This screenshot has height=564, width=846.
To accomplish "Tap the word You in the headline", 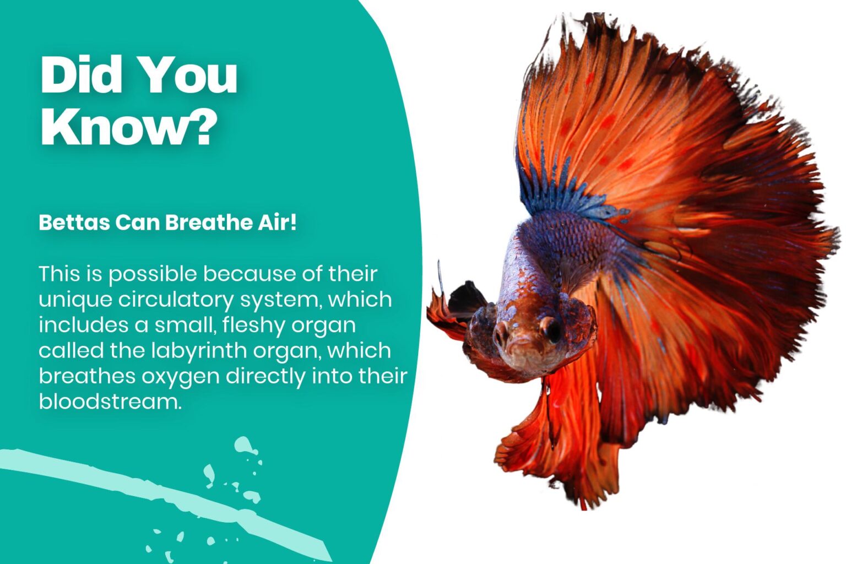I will coord(187,75).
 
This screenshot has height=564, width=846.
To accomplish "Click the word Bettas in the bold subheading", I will coord(74,223).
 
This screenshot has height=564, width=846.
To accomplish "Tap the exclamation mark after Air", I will coord(293,222).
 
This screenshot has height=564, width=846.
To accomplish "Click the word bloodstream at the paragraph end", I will coord(109,402).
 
